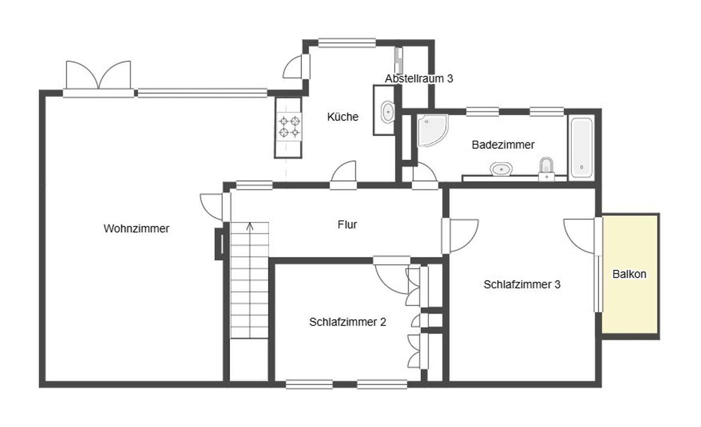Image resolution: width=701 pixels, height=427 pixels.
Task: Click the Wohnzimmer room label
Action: pyautogui.click(x=136, y=229)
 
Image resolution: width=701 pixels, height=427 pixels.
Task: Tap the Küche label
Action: pyautogui.click(x=343, y=117)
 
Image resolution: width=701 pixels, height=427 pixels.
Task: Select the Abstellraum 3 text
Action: pyautogui.click(x=419, y=78)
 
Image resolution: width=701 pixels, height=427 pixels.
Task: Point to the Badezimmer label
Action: pyautogui.click(x=503, y=144)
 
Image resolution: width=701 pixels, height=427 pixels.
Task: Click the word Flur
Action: pyautogui.click(x=347, y=224)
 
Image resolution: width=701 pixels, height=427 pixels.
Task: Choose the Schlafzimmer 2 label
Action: pyautogui.click(x=348, y=322)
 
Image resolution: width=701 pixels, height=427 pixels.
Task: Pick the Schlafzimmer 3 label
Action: pyautogui.click(x=522, y=285)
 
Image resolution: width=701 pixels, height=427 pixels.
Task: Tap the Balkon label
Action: pyautogui.click(x=629, y=274)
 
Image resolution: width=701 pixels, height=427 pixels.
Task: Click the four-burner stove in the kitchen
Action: pyautogui.click(x=289, y=126)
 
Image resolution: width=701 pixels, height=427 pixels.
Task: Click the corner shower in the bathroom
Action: pyautogui.click(x=430, y=129)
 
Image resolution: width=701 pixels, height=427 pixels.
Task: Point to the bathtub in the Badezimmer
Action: pyautogui.click(x=581, y=147)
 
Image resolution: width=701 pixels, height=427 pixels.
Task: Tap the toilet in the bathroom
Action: pyautogui.click(x=547, y=166)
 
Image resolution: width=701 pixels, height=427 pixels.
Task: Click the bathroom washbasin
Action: pyautogui.click(x=501, y=169)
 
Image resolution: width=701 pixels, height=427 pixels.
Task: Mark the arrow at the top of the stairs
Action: pyautogui.click(x=250, y=226)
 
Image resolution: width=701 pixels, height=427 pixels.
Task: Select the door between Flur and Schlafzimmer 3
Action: pyautogui.click(x=461, y=235)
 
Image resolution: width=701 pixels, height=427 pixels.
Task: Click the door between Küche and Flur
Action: pyautogui.click(x=344, y=174)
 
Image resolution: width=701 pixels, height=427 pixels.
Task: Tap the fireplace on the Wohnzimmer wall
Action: pyautogui.click(x=220, y=243)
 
